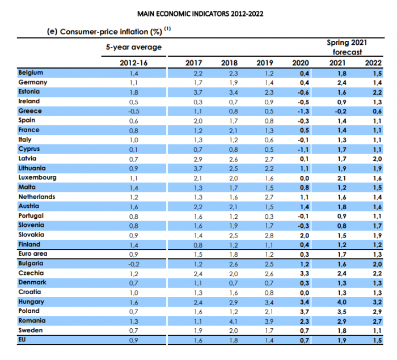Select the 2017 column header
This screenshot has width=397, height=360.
coord(193,62)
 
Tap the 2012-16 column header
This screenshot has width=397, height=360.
coord(134,62)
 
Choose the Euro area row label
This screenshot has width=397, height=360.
coord(33,254)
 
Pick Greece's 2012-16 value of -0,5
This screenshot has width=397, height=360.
coord(134,111)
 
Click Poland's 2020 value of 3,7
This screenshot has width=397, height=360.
coord(304,311)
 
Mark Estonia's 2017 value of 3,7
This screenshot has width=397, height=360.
coord(193,92)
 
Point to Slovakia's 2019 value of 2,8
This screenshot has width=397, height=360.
coord(264,235)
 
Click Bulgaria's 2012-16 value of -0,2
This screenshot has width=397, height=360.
coord(134,264)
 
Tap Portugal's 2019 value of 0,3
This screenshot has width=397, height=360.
coord(264,216)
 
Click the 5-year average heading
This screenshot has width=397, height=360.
coord(134,47)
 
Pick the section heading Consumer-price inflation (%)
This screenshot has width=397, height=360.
coord(105,31)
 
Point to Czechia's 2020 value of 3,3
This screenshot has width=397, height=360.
coord(304,273)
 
